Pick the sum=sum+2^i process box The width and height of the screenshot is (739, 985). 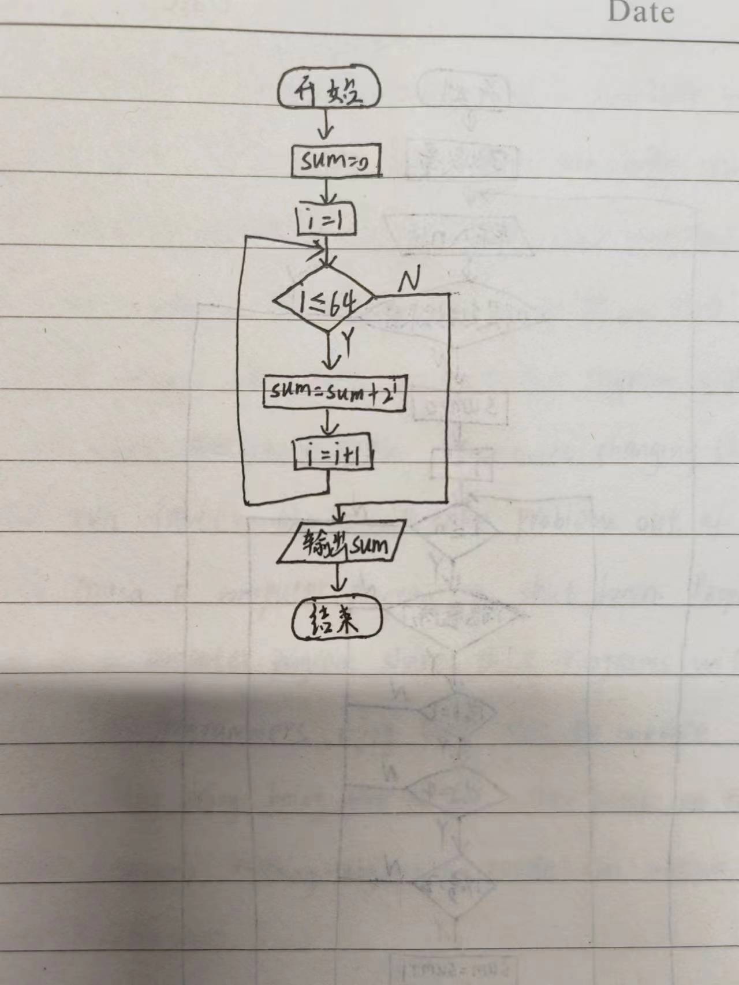334,393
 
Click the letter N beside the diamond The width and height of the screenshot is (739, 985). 409,281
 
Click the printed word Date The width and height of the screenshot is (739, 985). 641,13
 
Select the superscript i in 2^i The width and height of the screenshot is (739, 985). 397,386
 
